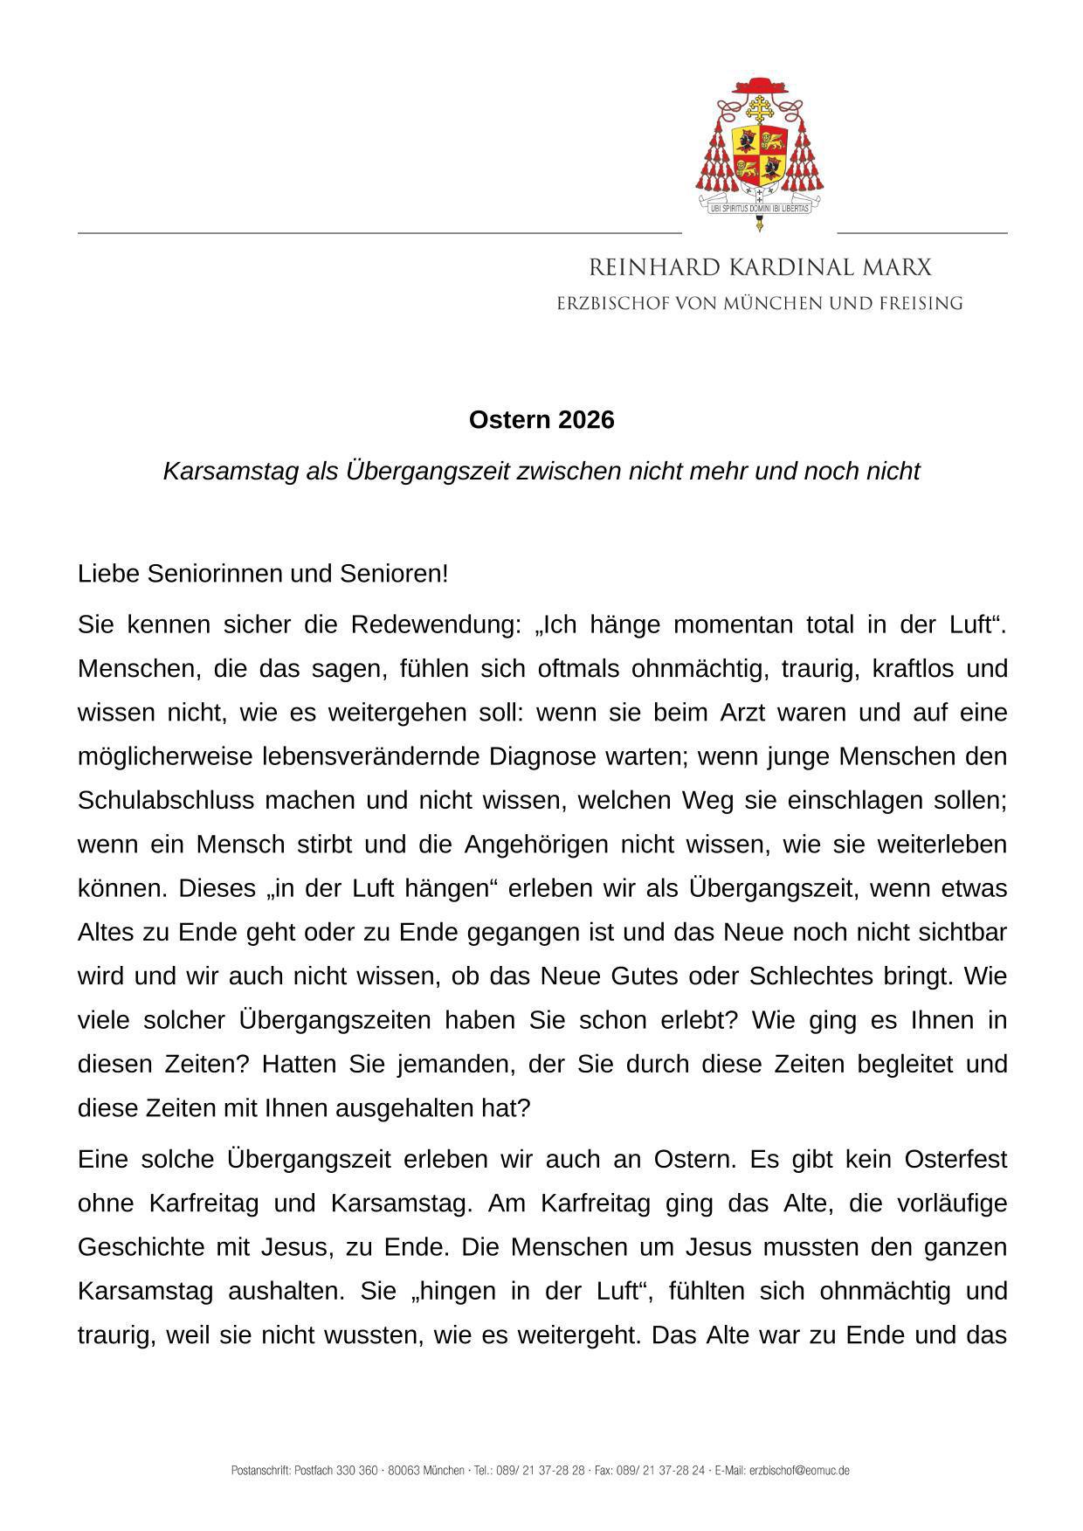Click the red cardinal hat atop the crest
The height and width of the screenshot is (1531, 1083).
pos(759,85)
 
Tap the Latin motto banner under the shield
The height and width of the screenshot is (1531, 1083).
pos(759,209)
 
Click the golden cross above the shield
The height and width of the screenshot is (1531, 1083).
pos(759,110)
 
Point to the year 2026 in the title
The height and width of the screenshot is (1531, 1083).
pos(586,420)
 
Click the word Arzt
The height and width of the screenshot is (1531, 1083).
pos(742,713)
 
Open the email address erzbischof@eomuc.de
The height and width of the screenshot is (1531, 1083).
pos(799,1471)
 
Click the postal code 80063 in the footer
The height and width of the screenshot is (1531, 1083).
pos(404,1471)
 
